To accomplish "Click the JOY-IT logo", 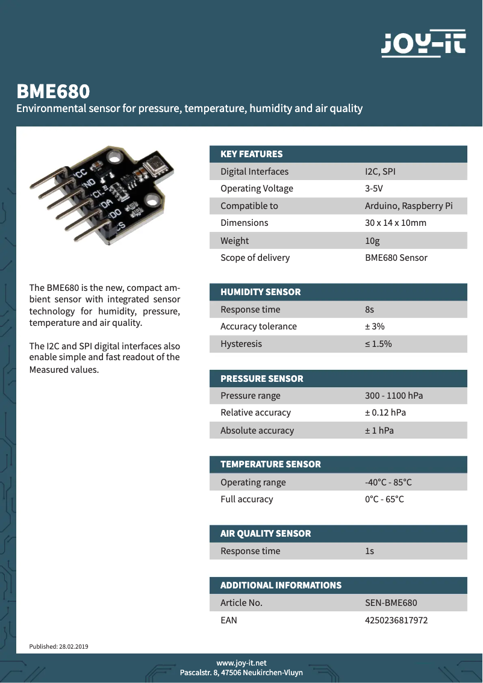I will (423, 44).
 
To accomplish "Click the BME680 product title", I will (53, 92).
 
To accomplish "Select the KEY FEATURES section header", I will (251, 154).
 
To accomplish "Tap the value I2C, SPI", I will (380, 172).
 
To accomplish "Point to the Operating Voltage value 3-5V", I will (373, 189).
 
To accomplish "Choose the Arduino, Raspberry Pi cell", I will (408, 206).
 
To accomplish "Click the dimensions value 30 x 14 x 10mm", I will (395, 223).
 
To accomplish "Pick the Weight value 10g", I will (372, 241).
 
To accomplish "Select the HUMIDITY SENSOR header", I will (260, 292).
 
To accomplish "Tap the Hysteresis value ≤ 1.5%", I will (378, 344).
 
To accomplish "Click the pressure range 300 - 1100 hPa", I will (394, 396).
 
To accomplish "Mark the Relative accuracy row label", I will (255, 413).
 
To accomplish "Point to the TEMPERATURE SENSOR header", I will (270, 464).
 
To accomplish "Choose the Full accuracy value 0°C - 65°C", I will (384, 499).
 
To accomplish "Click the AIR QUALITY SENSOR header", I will (266, 534).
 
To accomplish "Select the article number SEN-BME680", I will (391, 603).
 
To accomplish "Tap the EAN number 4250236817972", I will (396, 620).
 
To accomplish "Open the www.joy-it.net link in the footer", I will (241, 663).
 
